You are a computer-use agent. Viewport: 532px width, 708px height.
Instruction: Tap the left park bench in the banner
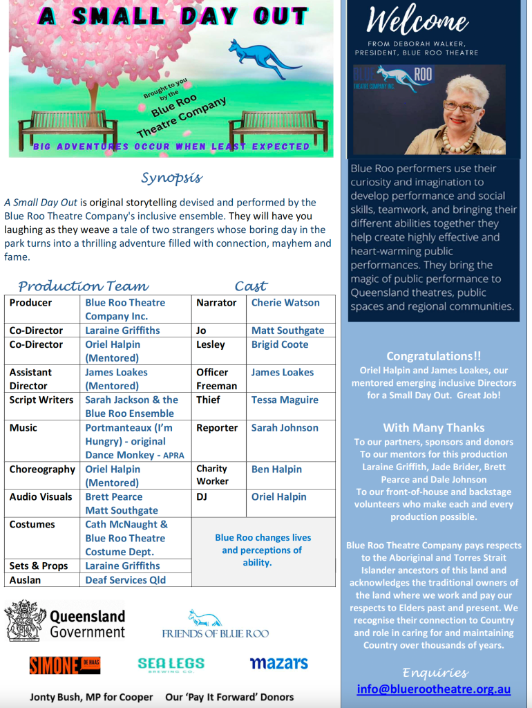coord(68,127)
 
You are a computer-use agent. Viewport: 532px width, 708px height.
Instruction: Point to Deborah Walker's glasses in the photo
coord(460,107)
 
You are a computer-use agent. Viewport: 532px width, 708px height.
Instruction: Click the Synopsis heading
coord(171,178)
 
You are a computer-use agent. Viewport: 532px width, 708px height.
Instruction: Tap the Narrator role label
coord(216,303)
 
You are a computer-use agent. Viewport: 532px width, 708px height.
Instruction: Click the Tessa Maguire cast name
coord(285,400)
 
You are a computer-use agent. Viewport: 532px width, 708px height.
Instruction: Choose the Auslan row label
coord(25,580)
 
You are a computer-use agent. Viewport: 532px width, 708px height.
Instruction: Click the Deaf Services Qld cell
coord(125,580)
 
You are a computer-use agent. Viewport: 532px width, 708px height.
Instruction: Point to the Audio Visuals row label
coord(41,497)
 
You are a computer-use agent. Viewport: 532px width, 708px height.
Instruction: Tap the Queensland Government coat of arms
coord(26,621)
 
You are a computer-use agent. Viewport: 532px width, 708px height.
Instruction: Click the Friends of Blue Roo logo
coord(215,624)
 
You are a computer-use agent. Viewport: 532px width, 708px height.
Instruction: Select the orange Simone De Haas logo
coord(64,665)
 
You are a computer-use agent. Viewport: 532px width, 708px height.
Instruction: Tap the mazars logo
coord(278,664)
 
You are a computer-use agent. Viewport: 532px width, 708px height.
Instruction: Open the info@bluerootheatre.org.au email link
coord(434,689)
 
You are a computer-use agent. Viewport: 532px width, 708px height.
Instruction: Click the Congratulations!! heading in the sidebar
coord(434,356)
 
